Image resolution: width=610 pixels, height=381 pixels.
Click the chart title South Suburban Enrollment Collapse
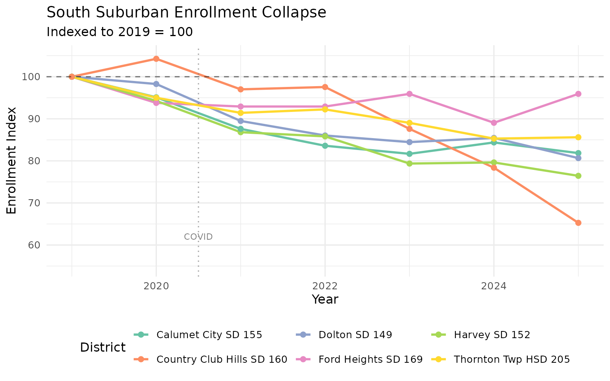pyautogui.click(x=186, y=13)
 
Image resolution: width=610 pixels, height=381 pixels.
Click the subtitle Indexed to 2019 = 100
pyautogui.click(x=120, y=32)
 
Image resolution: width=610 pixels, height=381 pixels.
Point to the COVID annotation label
pyautogui.click(x=198, y=237)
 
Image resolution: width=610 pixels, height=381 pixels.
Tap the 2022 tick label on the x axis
pyautogui.click(x=325, y=286)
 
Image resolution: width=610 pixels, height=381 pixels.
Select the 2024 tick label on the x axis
pyautogui.click(x=494, y=286)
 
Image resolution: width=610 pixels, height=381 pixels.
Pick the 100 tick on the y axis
pyautogui.click(x=31, y=77)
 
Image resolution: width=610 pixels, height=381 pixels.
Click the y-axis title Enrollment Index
pyautogui.click(x=12, y=160)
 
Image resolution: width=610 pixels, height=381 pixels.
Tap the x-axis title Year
pyautogui.click(x=325, y=300)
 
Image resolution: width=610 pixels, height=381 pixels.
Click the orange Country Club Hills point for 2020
pyautogui.click(x=156, y=59)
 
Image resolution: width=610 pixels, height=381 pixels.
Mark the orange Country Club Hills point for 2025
pyautogui.click(x=578, y=223)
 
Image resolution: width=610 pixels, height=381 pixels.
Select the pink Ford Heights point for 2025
pyautogui.click(x=578, y=94)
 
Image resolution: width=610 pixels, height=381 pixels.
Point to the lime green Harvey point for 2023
pyautogui.click(x=409, y=164)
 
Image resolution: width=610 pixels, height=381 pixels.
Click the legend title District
pyautogui.click(x=103, y=347)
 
